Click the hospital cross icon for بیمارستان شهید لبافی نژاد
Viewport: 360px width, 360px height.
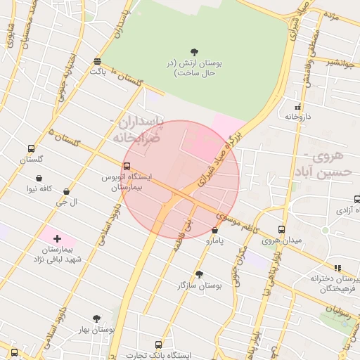tap(57, 239)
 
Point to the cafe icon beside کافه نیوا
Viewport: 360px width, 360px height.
tap(66, 191)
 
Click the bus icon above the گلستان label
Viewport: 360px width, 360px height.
tap(31, 148)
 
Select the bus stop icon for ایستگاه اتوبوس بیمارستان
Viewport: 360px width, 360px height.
tap(127, 166)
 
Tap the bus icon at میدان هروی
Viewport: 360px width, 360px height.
tap(281, 229)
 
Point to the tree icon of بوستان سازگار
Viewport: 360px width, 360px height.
tap(199, 275)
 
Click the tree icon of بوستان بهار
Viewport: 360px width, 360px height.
tap(96, 319)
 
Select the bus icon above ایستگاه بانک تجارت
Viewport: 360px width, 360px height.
tap(158, 345)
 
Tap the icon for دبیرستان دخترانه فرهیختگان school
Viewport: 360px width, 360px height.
tap(337, 268)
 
